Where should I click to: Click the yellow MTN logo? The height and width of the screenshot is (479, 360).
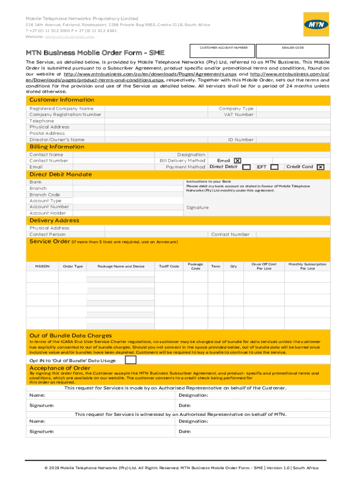pyautogui.click(x=317, y=24)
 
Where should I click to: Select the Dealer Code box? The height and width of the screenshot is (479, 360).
pyautogui.click(x=293, y=51)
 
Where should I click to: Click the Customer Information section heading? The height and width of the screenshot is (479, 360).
pyautogui.click(x=62, y=100)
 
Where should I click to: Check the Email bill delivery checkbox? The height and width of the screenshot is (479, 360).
pyautogui.click(x=238, y=161)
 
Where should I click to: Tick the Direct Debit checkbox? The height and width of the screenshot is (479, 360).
pyautogui.click(x=246, y=167)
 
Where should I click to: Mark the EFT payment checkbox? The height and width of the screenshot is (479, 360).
pyautogui.click(x=275, y=167)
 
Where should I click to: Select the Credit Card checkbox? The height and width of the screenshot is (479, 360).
pyautogui.click(x=320, y=167)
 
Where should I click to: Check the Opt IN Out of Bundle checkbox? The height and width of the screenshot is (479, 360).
pyautogui.click(x=130, y=360)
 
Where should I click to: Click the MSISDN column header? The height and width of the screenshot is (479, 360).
pyautogui.click(x=42, y=266)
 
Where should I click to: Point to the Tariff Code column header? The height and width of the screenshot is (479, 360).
pyautogui.click(x=169, y=266)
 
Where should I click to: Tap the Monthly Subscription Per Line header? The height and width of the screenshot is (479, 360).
pyautogui.click(x=307, y=266)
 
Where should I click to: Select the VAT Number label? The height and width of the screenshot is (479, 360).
pyautogui.click(x=238, y=115)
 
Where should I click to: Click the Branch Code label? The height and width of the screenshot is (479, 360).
pyautogui.click(x=44, y=195)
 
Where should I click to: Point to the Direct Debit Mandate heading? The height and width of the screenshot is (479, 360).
pyautogui.click(x=60, y=174)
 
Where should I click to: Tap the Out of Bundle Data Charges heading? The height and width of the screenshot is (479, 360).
pyautogui.click(x=71, y=335)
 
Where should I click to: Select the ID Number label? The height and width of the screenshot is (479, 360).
pyautogui.click(x=241, y=140)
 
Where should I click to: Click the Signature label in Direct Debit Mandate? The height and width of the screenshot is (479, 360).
pyautogui.click(x=197, y=207)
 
